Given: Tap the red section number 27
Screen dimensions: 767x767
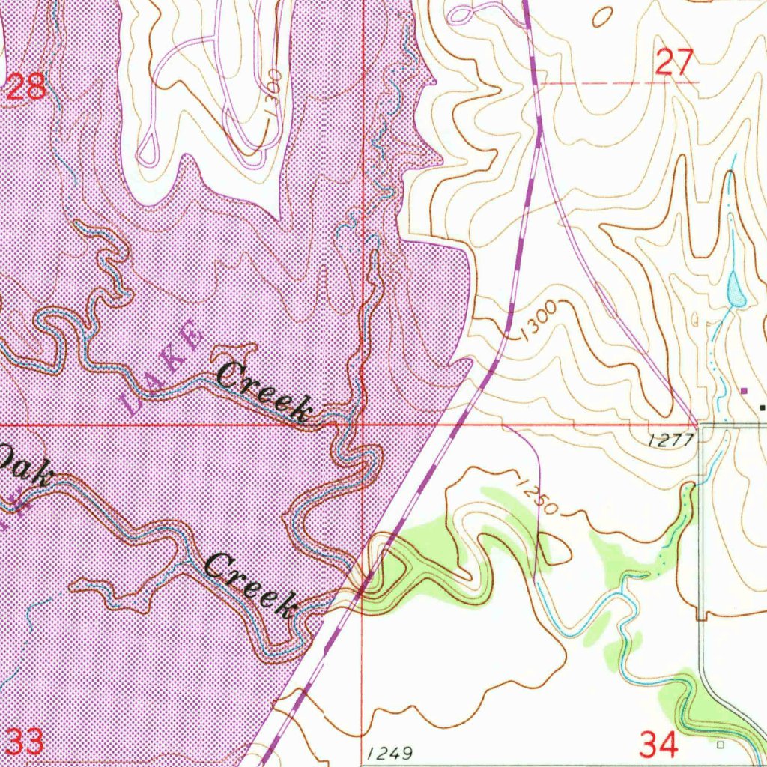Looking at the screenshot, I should coord(674,62).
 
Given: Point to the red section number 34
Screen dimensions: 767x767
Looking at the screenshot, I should coord(659,744).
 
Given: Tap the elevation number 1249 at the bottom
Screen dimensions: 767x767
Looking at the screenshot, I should coord(390,751).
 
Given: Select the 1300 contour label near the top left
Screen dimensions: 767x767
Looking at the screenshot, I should coord(274,91).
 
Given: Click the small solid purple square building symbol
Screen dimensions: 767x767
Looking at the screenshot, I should coord(744,390).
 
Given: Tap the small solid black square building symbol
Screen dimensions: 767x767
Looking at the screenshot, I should coord(763,407).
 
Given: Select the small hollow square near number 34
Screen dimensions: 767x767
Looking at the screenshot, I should coord(721,745).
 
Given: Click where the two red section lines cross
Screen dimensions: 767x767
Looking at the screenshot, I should coord(362,424).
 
